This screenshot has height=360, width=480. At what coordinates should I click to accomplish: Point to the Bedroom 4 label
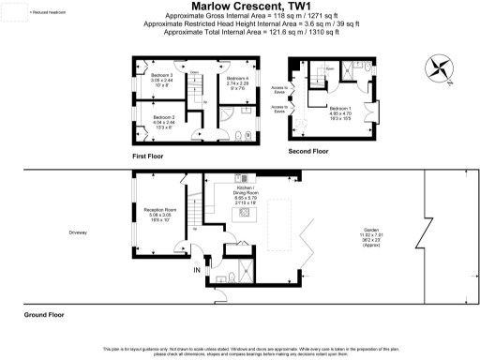click(238, 82)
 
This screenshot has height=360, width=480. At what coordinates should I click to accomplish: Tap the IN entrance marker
click(197, 271)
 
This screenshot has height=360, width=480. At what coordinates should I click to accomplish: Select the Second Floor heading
click(308, 151)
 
